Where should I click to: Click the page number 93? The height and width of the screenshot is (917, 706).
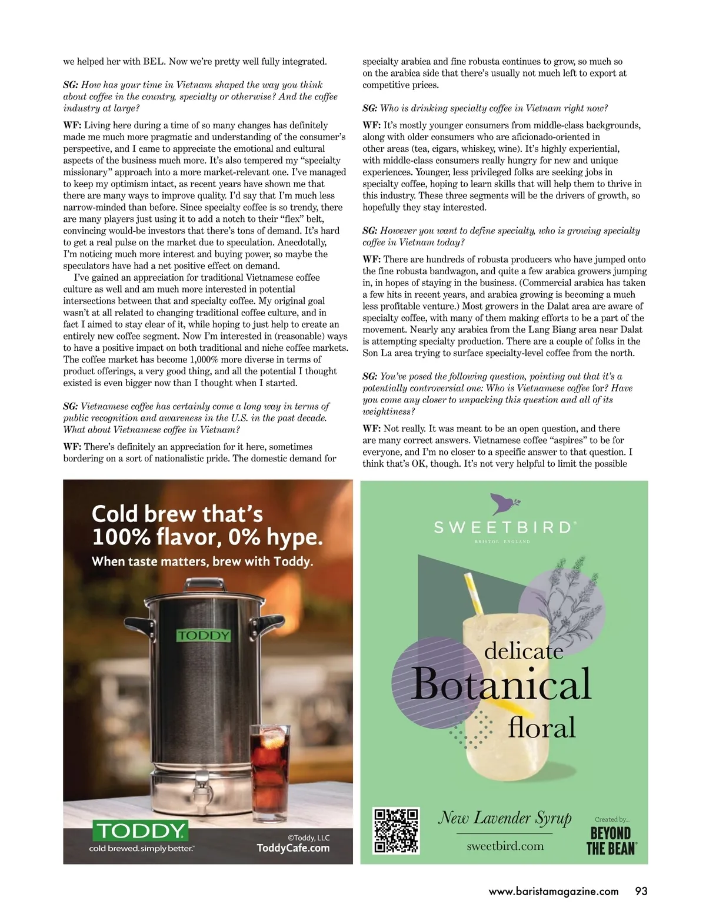pyautogui.click(x=641, y=891)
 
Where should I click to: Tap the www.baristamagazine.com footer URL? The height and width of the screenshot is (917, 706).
pyautogui.click(x=554, y=891)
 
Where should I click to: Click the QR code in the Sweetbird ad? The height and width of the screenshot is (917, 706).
pyautogui.click(x=396, y=830)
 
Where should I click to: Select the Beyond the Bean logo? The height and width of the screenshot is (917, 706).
pyautogui.click(x=611, y=840)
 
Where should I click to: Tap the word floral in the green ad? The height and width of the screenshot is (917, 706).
pyautogui.click(x=541, y=728)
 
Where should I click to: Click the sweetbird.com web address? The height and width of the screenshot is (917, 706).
pyautogui.click(x=505, y=846)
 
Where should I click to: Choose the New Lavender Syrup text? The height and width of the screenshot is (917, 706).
pyautogui.click(x=505, y=818)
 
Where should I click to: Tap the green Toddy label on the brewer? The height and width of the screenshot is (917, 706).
pyautogui.click(x=204, y=636)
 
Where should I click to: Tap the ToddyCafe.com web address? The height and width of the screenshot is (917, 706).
pyautogui.click(x=293, y=848)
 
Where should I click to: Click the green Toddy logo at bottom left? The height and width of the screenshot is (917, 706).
pyautogui.click(x=140, y=831)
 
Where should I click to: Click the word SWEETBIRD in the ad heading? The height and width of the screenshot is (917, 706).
pyautogui.click(x=502, y=527)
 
